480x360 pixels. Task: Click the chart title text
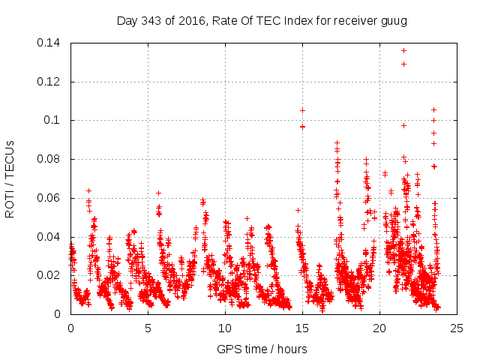[x=262, y=21]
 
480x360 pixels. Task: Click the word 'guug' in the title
[x=394, y=21]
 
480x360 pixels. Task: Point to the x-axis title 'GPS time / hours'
[x=262, y=349]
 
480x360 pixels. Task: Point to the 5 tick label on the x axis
[x=148, y=328]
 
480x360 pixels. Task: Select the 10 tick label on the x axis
[x=225, y=328]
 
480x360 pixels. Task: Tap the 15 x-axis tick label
[x=302, y=328]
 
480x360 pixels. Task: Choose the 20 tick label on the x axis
[x=379, y=328]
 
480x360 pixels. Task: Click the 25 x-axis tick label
[x=457, y=328]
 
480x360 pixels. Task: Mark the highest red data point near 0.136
[x=403, y=50]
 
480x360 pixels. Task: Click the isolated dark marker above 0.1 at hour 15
[x=302, y=110]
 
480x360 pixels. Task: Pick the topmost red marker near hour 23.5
[x=433, y=109]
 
